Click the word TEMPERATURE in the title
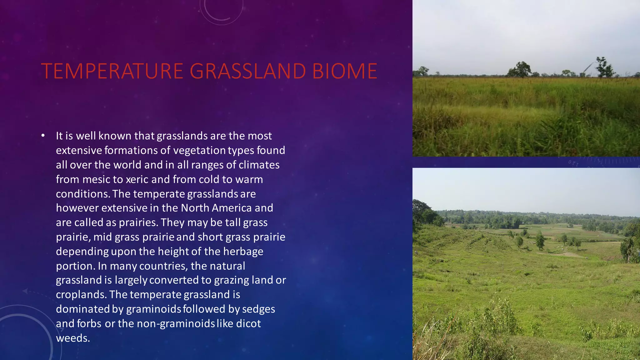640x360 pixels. pyautogui.click(x=112, y=71)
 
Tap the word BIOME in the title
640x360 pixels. pyautogui.click(x=345, y=71)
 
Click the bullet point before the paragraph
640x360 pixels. pyautogui.click(x=43, y=136)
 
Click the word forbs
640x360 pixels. pyautogui.click(x=89, y=323)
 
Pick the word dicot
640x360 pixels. pyautogui.click(x=248, y=323)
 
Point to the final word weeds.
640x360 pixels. pyautogui.click(x=73, y=338)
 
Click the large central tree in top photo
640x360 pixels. pyautogui.click(x=520, y=69)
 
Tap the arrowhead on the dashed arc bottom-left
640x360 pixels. pyautogui.click(x=25, y=291)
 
